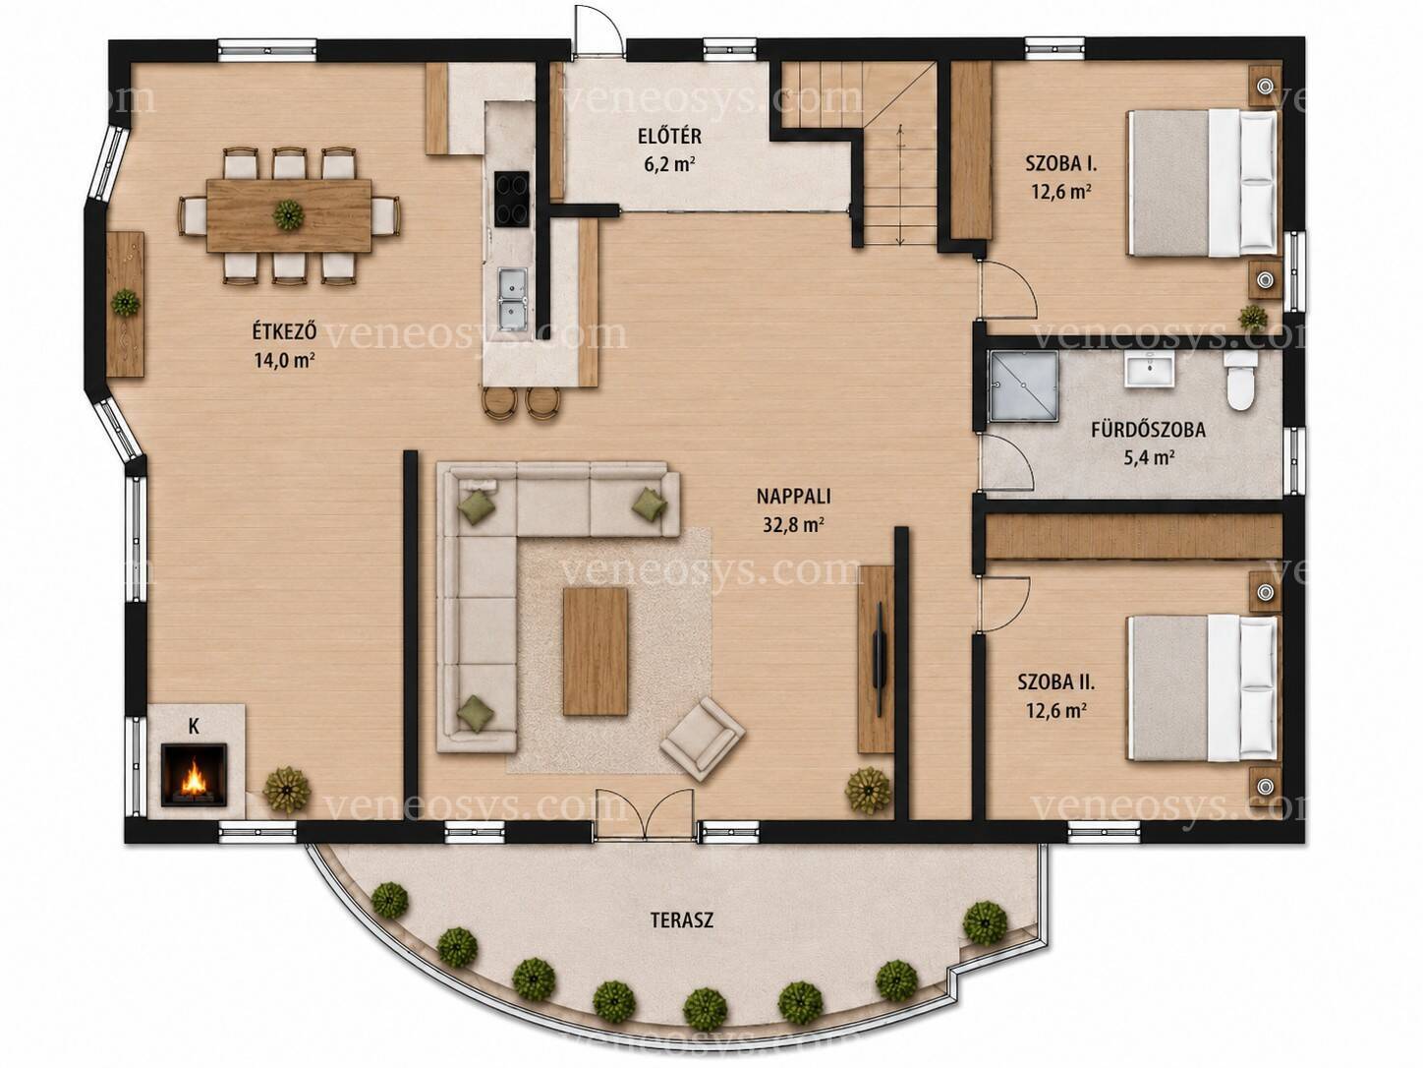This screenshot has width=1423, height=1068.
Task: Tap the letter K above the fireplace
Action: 194,727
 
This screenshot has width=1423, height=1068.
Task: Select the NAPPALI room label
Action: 793,497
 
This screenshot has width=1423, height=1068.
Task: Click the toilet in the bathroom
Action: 1240,380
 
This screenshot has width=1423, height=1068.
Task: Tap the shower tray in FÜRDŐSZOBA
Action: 1023,386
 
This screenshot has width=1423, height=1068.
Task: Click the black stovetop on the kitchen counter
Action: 512,199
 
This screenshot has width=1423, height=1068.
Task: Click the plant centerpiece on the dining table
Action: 289,214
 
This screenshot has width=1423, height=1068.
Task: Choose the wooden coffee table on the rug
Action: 596,651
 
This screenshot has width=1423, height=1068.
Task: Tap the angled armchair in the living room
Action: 703,739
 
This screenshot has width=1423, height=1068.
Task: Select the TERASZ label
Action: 682,920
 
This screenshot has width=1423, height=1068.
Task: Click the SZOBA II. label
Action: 1056,682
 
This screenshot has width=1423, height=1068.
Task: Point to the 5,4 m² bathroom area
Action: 1149,458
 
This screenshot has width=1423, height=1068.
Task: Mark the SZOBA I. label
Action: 1061,163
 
